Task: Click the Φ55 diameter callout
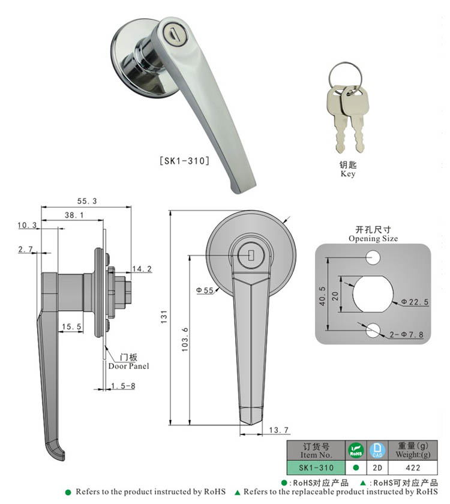tap(205, 291)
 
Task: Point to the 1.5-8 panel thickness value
tap(123, 386)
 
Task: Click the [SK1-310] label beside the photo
tap(183, 161)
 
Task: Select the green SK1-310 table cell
tap(316, 467)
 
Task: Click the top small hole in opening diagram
tap(373, 259)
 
